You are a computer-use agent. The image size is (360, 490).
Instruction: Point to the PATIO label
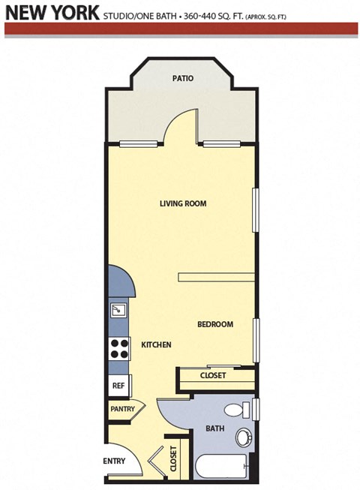(x=184, y=78)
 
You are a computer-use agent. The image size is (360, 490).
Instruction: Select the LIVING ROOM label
(x=182, y=203)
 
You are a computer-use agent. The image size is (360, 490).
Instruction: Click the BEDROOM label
(x=214, y=324)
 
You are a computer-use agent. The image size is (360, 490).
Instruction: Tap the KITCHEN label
(x=157, y=344)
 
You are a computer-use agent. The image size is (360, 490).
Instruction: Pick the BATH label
(x=215, y=429)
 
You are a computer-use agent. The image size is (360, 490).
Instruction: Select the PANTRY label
(x=121, y=409)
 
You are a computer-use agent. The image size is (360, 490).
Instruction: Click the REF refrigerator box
(x=118, y=386)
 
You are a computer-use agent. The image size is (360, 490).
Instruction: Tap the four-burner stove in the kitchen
(x=119, y=349)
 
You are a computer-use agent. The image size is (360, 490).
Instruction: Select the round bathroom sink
(x=244, y=437)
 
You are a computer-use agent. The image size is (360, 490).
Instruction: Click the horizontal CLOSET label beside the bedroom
(x=213, y=375)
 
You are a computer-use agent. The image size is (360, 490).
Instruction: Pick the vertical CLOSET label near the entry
(x=174, y=457)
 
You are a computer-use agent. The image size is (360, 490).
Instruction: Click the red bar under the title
(x=180, y=29)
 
